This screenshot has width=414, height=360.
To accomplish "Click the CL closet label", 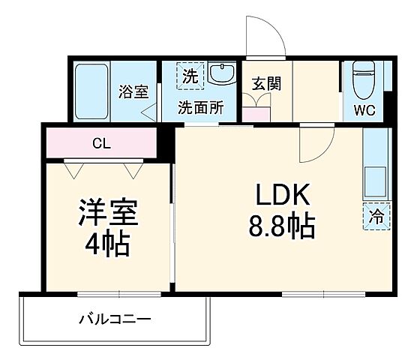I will click(101, 143).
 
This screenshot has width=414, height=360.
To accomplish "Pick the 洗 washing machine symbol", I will click(188, 76).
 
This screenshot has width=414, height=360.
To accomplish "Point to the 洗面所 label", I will click(200, 107).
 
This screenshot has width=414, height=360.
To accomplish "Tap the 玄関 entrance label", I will click(265, 83).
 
